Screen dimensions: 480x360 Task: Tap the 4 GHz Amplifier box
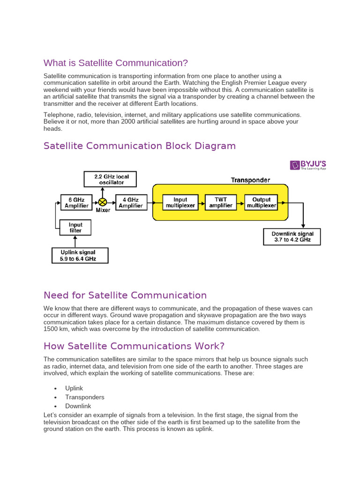(131, 202)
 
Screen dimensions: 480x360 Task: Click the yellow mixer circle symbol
(103, 202)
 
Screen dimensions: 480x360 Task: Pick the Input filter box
(75, 228)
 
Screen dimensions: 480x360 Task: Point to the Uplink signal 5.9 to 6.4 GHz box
(80, 255)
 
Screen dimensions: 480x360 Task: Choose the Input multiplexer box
(180, 202)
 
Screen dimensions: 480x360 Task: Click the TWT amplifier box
(221, 202)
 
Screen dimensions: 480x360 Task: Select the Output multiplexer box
(261, 202)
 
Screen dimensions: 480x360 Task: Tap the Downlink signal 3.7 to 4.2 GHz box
(292, 237)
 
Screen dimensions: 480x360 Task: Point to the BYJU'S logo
(308, 165)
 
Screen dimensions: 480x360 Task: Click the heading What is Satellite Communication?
(116, 63)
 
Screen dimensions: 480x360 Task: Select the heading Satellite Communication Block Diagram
(140, 146)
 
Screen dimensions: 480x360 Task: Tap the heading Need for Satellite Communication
(125, 295)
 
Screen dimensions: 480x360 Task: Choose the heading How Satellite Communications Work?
(134, 346)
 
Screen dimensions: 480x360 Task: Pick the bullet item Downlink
(78, 406)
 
